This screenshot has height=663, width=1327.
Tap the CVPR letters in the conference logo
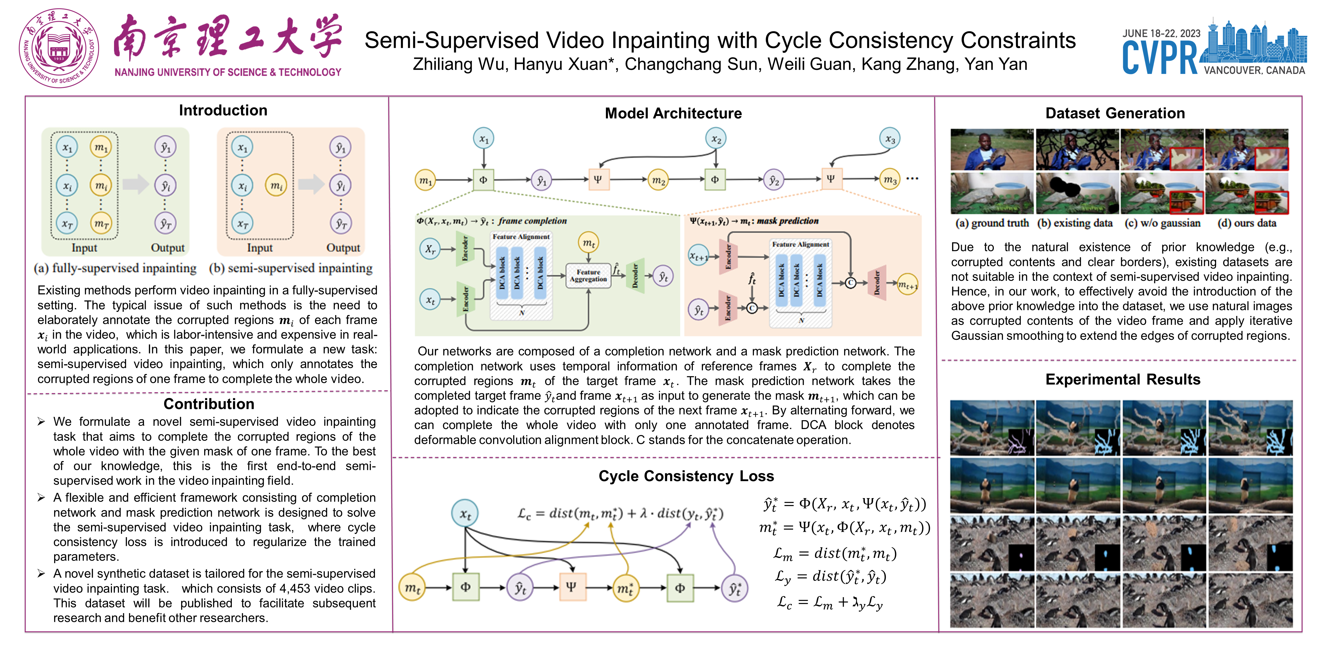point(1160,58)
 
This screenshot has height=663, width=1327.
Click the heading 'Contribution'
point(208,404)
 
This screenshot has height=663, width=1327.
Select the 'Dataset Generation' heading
point(1115,113)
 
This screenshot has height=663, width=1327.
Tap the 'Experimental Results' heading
point(1123,379)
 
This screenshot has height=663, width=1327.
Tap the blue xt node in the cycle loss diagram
point(465,513)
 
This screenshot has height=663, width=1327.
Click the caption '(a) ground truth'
point(992,223)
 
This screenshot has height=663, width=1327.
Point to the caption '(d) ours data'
point(1247,223)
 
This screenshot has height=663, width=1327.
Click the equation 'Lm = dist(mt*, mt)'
point(835,554)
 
